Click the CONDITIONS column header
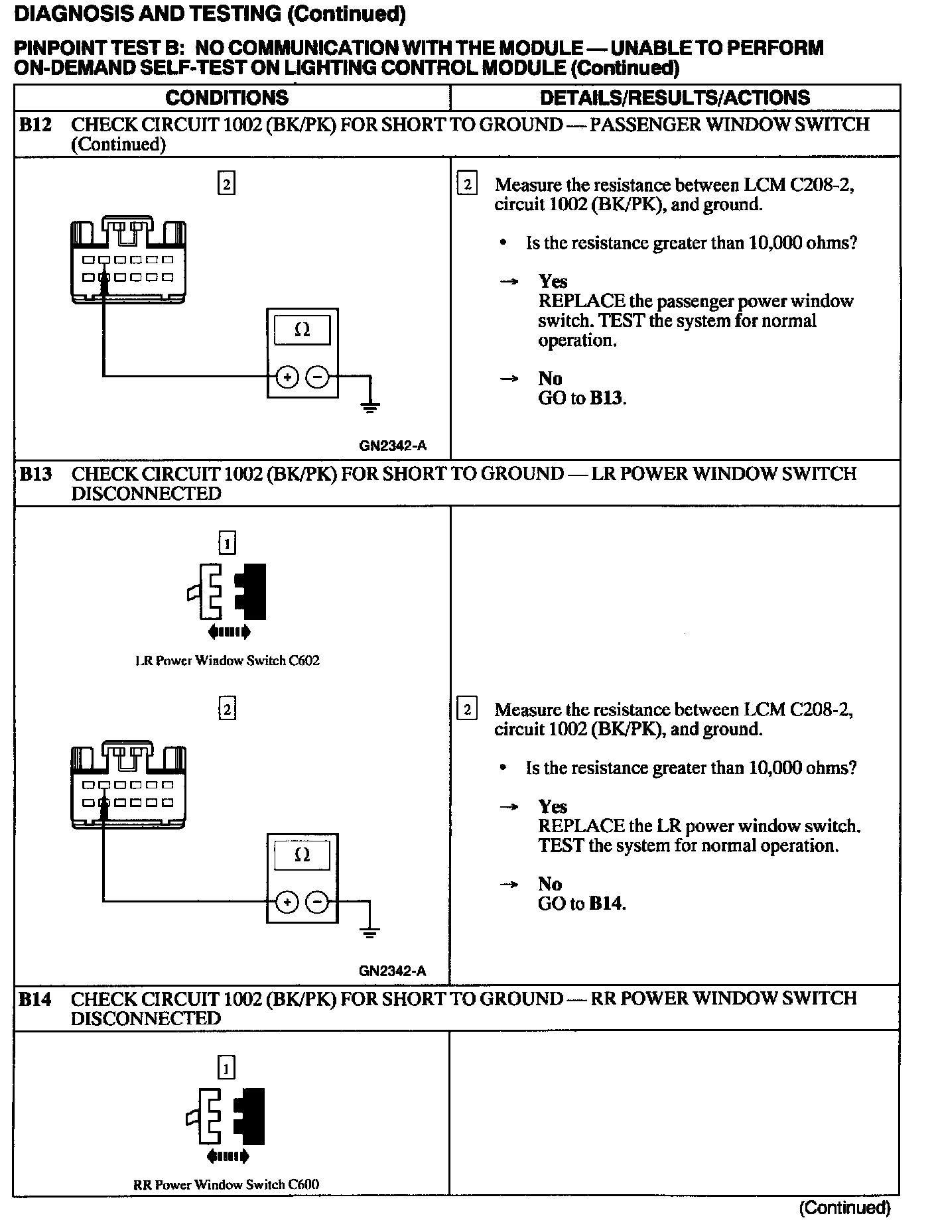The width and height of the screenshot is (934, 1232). pyautogui.click(x=227, y=98)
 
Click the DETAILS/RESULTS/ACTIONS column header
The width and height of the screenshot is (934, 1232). pyautogui.click(x=675, y=98)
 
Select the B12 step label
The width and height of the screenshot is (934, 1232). pyautogui.click(x=35, y=125)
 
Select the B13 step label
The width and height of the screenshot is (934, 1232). pyautogui.click(x=35, y=474)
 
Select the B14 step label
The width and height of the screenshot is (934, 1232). pyautogui.click(x=35, y=999)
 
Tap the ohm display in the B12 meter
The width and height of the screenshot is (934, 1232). pyautogui.click(x=302, y=330)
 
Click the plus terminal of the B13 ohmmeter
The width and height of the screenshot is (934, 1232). pyautogui.click(x=287, y=902)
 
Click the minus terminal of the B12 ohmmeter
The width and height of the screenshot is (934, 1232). pyautogui.click(x=318, y=377)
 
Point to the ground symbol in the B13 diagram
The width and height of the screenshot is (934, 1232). pyautogui.click(x=370, y=932)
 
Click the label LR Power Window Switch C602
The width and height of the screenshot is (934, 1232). pyautogui.click(x=227, y=660)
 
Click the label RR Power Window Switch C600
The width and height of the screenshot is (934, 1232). pyautogui.click(x=226, y=1185)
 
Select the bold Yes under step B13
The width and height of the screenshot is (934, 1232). pyautogui.click(x=553, y=806)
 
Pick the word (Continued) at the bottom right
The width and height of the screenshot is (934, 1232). pyautogui.click(x=844, y=1207)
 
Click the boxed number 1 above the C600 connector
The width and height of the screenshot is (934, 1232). pyautogui.click(x=227, y=1068)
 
